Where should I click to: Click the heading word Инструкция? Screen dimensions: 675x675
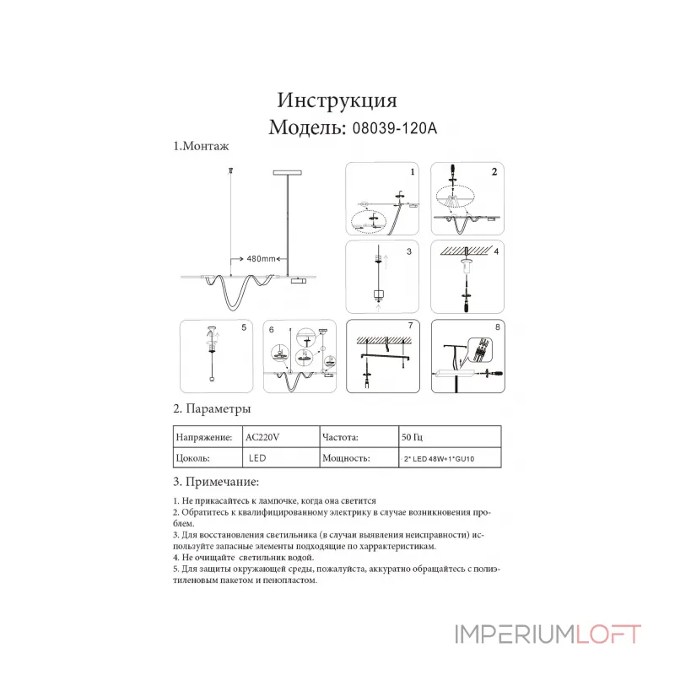pyautogui.click(x=337, y=100)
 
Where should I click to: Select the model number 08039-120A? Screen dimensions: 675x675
pyautogui.click(x=394, y=128)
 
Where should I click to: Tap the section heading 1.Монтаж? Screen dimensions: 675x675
pyautogui.click(x=201, y=146)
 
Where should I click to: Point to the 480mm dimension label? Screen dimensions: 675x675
pyautogui.click(x=261, y=259)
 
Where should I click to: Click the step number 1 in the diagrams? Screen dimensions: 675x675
pyautogui.click(x=413, y=172)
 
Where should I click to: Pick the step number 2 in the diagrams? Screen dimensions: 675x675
pyautogui.click(x=494, y=172)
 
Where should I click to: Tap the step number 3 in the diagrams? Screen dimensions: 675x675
pyautogui.click(x=409, y=251)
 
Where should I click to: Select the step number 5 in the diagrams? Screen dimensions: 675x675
pyautogui.click(x=244, y=327)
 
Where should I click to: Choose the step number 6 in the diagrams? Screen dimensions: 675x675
pyautogui.click(x=271, y=330)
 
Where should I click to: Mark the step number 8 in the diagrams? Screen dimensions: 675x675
pyautogui.click(x=498, y=327)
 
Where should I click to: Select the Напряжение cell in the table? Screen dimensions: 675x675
pyautogui.click(x=204, y=437)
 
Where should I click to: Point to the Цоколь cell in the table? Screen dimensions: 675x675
pyautogui.click(x=192, y=458)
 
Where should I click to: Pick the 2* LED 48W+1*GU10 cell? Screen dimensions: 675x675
pyautogui.click(x=439, y=459)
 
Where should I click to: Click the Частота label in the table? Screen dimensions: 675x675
pyautogui.click(x=340, y=437)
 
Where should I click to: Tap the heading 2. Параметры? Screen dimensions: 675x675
pyautogui.click(x=212, y=408)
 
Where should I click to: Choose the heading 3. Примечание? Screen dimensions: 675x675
pyautogui.click(x=216, y=482)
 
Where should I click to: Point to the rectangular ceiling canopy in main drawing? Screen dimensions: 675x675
pyautogui.click(x=287, y=173)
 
